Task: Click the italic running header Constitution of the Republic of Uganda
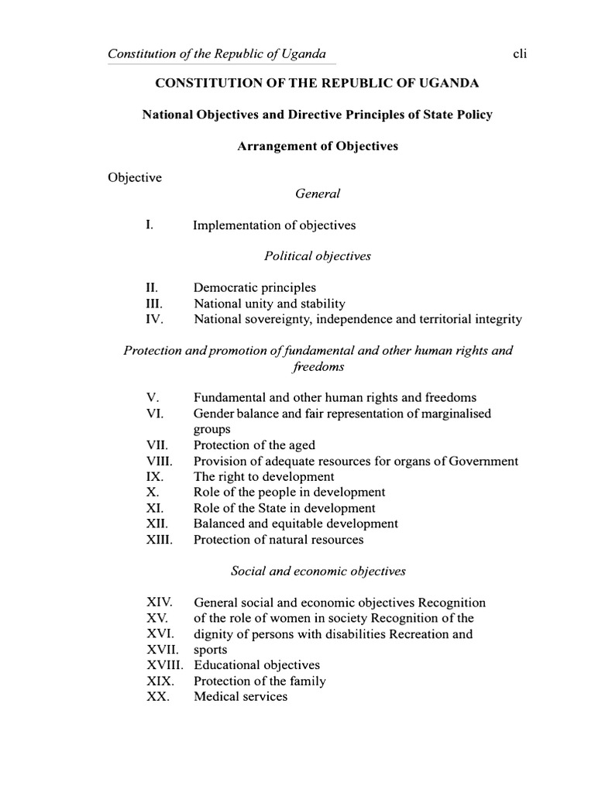217,54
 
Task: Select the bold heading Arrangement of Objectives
318,146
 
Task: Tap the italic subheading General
318,194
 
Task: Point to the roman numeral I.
149,225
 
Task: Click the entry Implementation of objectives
274,225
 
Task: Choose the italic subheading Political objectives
318,256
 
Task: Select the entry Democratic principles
255,287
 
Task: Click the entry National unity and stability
270,304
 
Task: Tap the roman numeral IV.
153,319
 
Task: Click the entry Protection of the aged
254,445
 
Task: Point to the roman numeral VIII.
158,461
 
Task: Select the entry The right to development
263,477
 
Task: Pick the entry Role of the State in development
284,508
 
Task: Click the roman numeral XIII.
158,540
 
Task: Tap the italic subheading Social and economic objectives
318,571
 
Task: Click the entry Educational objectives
256,665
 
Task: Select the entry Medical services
240,696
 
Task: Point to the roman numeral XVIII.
164,665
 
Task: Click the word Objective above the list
134,177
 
